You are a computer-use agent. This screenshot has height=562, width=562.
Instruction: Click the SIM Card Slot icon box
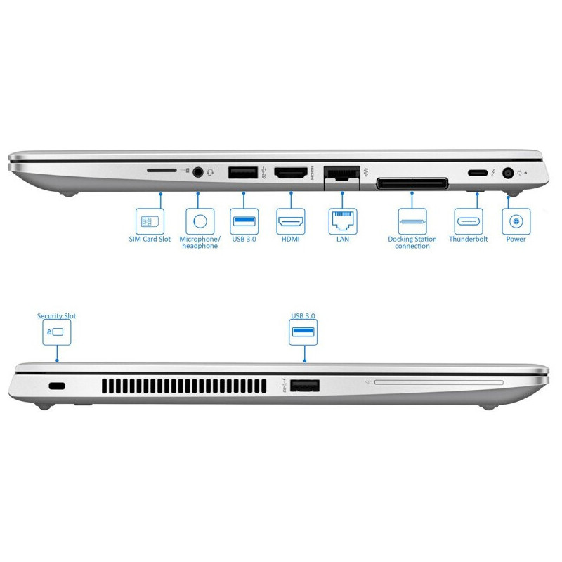150,221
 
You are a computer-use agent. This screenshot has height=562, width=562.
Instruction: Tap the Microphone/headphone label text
200,242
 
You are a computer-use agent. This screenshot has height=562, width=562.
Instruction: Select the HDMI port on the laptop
291,173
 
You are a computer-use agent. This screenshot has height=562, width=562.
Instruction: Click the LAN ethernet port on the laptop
341,173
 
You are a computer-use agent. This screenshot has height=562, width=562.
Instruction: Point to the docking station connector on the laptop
412,183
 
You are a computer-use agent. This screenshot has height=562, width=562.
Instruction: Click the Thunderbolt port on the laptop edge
478,173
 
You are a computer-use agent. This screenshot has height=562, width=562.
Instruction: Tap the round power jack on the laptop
507,174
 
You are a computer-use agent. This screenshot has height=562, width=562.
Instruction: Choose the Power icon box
516,221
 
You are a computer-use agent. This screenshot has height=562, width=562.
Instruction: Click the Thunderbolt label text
468,239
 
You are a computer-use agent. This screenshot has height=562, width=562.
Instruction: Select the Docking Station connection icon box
412,221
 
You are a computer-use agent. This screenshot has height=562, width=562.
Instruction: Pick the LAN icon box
343,221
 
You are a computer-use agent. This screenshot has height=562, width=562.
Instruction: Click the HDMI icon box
291,221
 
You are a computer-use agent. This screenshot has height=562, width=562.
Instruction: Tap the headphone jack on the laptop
198,172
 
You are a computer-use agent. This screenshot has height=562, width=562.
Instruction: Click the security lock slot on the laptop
57,386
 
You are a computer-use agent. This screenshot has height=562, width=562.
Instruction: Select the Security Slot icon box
57,332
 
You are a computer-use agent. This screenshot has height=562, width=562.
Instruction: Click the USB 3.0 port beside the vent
305,386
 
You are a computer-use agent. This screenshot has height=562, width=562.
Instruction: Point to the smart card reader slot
438,383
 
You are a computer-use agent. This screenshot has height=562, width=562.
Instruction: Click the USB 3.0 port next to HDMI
243,172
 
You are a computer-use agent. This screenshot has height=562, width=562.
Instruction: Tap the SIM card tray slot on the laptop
162,171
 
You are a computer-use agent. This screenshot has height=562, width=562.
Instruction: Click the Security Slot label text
57,315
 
